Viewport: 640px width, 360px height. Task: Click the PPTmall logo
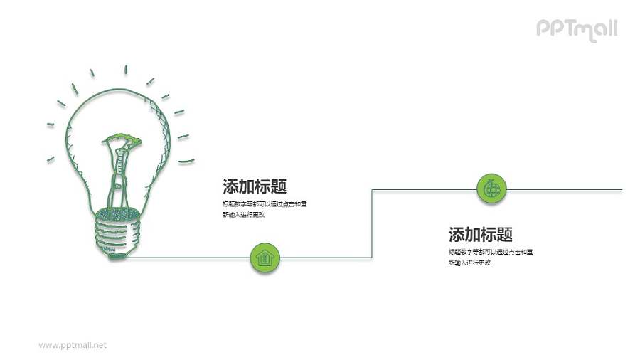click(x=576, y=29)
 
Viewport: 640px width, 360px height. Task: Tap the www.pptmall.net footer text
click(x=73, y=345)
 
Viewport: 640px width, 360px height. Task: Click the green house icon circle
click(x=265, y=258)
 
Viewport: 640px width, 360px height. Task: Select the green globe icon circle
click(x=491, y=189)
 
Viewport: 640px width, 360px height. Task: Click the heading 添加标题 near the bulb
click(x=255, y=187)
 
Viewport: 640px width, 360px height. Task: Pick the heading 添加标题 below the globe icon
click(x=481, y=235)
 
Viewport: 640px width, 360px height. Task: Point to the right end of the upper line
click(x=621, y=189)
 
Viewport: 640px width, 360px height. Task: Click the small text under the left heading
click(x=264, y=209)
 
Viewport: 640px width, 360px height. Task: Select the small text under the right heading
click(x=491, y=257)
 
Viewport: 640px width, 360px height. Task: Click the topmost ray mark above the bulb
click(x=126, y=70)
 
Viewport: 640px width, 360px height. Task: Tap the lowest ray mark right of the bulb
click(x=186, y=161)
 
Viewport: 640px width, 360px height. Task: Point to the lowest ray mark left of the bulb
click(x=50, y=158)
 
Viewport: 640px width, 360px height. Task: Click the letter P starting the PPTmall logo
click(x=542, y=28)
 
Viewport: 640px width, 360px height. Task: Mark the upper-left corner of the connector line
click(x=372, y=190)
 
